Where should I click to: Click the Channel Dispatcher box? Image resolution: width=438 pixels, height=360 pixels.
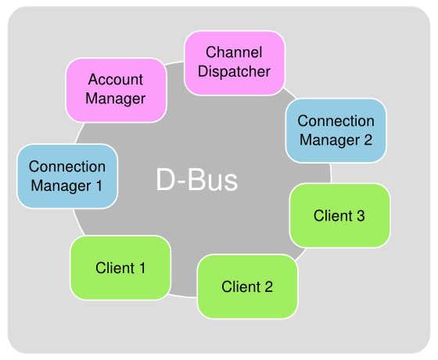click(x=235, y=63)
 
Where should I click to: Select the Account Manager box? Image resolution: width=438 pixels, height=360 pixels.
click(x=117, y=90)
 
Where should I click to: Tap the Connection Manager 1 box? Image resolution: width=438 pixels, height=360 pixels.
click(x=67, y=176)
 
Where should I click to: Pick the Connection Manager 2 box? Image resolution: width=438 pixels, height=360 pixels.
click(x=336, y=131)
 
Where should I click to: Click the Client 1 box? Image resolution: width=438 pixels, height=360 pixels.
click(x=120, y=268)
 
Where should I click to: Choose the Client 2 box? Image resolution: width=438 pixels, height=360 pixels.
click(x=247, y=286)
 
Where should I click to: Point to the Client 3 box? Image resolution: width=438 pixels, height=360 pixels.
click(x=340, y=215)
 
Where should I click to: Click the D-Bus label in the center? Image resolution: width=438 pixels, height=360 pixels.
click(x=196, y=180)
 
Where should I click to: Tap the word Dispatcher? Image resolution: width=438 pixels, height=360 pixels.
click(x=234, y=71)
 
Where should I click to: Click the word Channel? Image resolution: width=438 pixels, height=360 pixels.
click(x=234, y=52)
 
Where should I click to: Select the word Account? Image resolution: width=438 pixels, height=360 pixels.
click(x=116, y=79)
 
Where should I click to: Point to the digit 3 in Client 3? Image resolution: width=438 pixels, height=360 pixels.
click(x=360, y=216)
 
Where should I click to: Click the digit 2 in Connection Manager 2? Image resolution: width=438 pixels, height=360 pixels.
click(x=368, y=140)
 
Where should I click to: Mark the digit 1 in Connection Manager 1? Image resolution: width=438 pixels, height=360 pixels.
click(x=99, y=185)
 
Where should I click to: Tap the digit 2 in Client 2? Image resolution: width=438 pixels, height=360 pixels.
click(x=268, y=286)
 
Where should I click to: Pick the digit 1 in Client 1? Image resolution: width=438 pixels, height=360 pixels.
click(x=142, y=268)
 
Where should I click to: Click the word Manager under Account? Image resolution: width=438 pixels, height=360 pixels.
click(x=116, y=99)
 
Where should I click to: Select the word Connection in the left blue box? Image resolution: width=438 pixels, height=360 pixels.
click(x=67, y=167)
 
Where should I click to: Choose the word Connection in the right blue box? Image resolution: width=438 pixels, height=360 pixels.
click(x=336, y=121)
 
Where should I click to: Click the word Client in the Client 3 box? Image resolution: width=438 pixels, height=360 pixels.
click(x=333, y=216)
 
